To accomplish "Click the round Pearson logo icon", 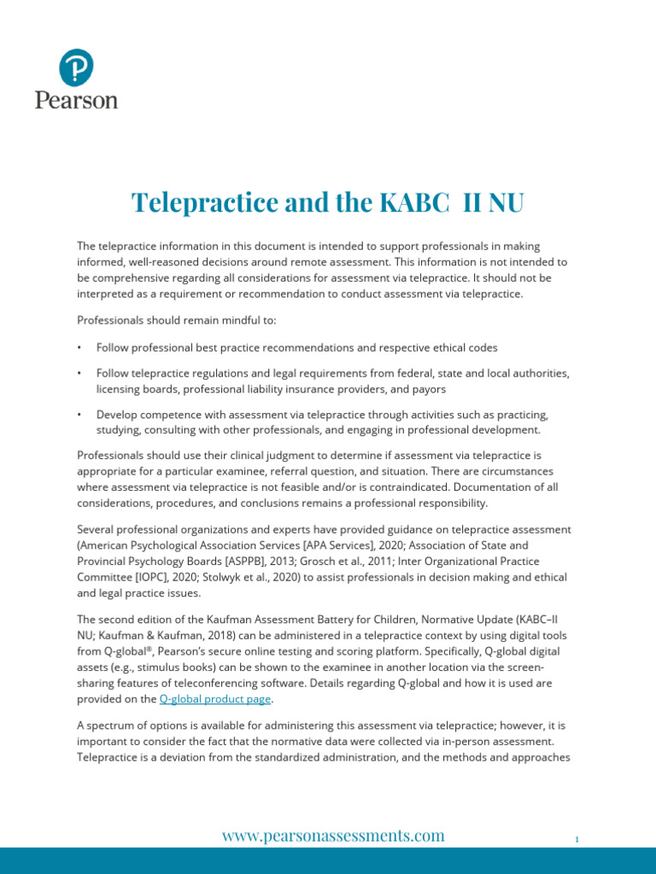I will click(x=76, y=67).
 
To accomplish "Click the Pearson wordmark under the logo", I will click(x=76, y=100).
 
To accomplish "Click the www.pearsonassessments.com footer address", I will click(x=333, y=836).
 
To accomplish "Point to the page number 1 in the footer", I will click(x=577, y=840).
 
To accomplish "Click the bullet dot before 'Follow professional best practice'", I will click(x=79, y=348).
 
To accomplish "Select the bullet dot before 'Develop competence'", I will click(x=79, y=414).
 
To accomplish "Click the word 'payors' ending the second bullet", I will click(x=427, y=388).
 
